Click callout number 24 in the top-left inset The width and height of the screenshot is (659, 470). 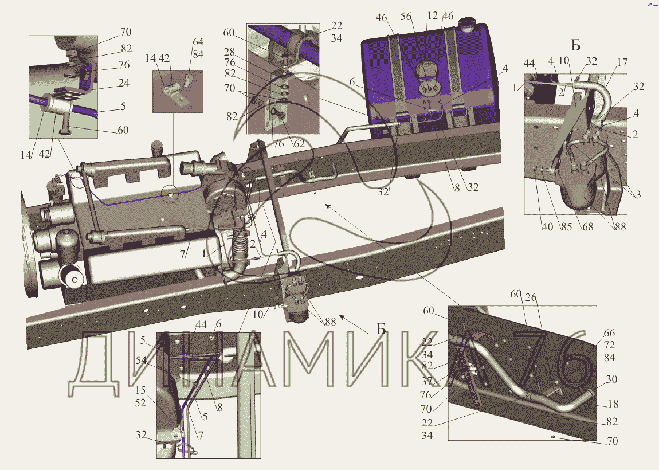124,83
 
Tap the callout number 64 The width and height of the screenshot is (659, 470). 198,42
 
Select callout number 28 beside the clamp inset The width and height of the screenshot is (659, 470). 229,52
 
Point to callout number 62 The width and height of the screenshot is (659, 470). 299,144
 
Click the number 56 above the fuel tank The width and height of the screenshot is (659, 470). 406,17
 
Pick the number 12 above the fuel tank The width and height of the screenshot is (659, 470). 433,15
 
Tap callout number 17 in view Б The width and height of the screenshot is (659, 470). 622,62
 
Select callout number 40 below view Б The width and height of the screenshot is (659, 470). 547,226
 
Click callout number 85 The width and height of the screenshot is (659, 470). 566,226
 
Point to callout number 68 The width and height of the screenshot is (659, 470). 587,226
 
